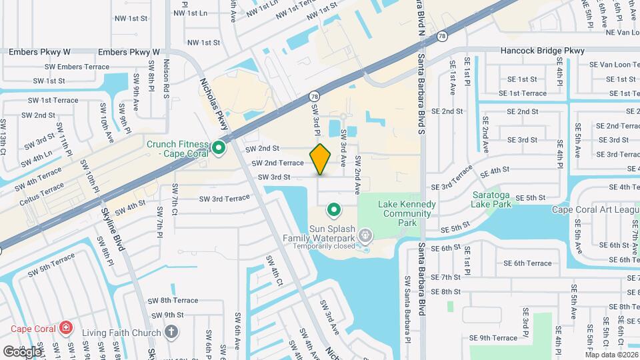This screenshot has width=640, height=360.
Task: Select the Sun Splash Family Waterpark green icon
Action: coord(334,211)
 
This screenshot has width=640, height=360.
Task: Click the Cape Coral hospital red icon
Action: coord(65,327)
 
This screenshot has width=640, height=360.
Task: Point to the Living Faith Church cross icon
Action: coord(171,332)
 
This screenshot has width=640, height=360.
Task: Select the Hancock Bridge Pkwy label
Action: coord(543,51)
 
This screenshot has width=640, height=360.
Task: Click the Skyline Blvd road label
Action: coord(113,228)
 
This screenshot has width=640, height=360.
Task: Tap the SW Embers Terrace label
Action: coord(77,67)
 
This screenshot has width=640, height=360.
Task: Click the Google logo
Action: coord(21,351)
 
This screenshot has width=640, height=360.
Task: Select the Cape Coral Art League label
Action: coord(595,209)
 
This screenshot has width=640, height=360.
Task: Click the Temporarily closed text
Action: coord(325,245)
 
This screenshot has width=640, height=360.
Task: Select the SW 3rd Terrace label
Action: coord(221,199)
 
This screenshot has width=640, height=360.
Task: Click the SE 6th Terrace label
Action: coord(523,263)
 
